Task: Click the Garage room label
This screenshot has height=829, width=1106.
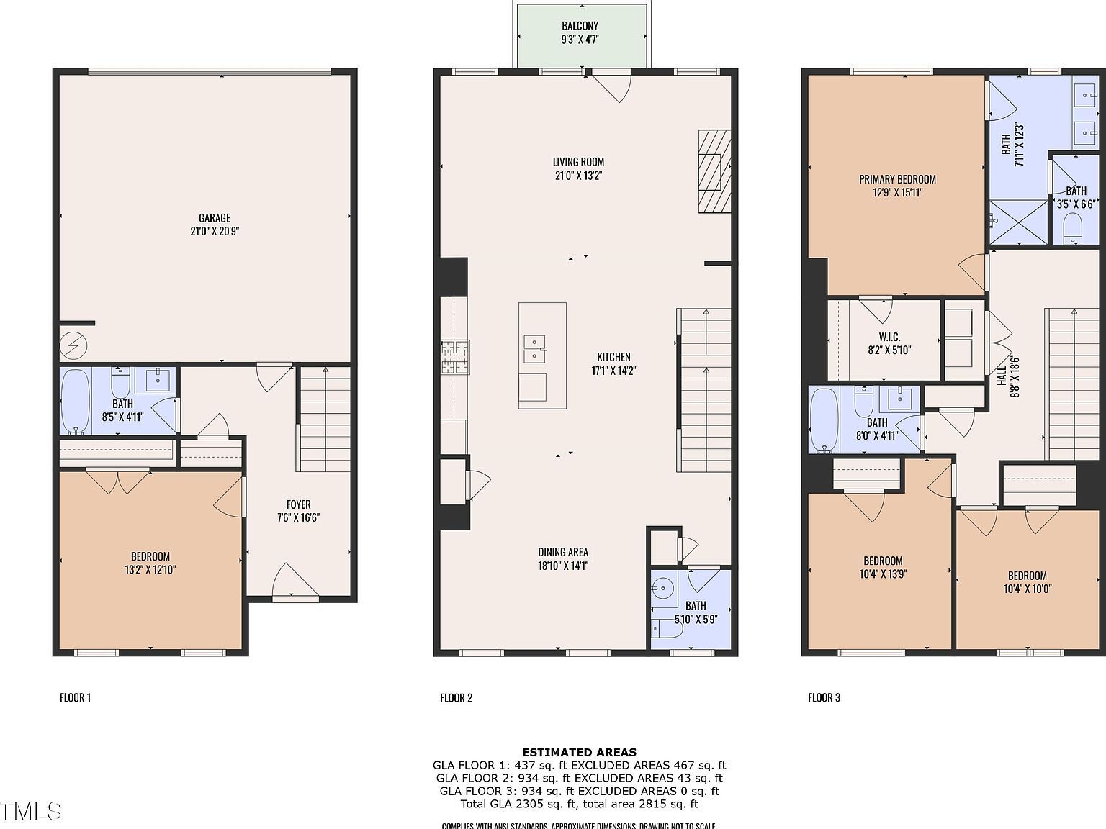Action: [x=215, y=218]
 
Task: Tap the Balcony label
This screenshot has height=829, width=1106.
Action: [x=580, y=26]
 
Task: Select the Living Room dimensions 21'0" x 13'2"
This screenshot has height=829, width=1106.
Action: [x=578, y=175]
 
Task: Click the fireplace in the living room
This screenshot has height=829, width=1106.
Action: [x=714, y=171]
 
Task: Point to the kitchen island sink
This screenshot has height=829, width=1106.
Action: [x=534, y=348]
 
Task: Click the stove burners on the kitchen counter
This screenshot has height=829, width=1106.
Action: [x=455, y=358]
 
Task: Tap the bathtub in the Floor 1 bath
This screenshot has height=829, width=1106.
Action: [x=74, y=402]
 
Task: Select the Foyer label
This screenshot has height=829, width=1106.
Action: [x=298, y=504]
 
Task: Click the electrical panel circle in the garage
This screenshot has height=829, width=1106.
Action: [x=73, y=347]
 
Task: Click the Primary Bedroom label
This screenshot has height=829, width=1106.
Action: [x=897, y=179]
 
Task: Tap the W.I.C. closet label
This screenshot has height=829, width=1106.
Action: [x=889, y=337]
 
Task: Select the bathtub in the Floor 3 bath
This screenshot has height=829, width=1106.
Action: [x=824, y=420]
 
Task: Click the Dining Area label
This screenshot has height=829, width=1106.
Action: [x=563, y=552]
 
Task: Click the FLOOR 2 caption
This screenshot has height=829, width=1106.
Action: [x=456, y=697]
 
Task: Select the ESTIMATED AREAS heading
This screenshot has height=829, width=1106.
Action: [x=579, y=753]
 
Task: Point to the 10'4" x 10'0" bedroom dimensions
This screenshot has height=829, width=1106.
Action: [x=1027, y=589]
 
